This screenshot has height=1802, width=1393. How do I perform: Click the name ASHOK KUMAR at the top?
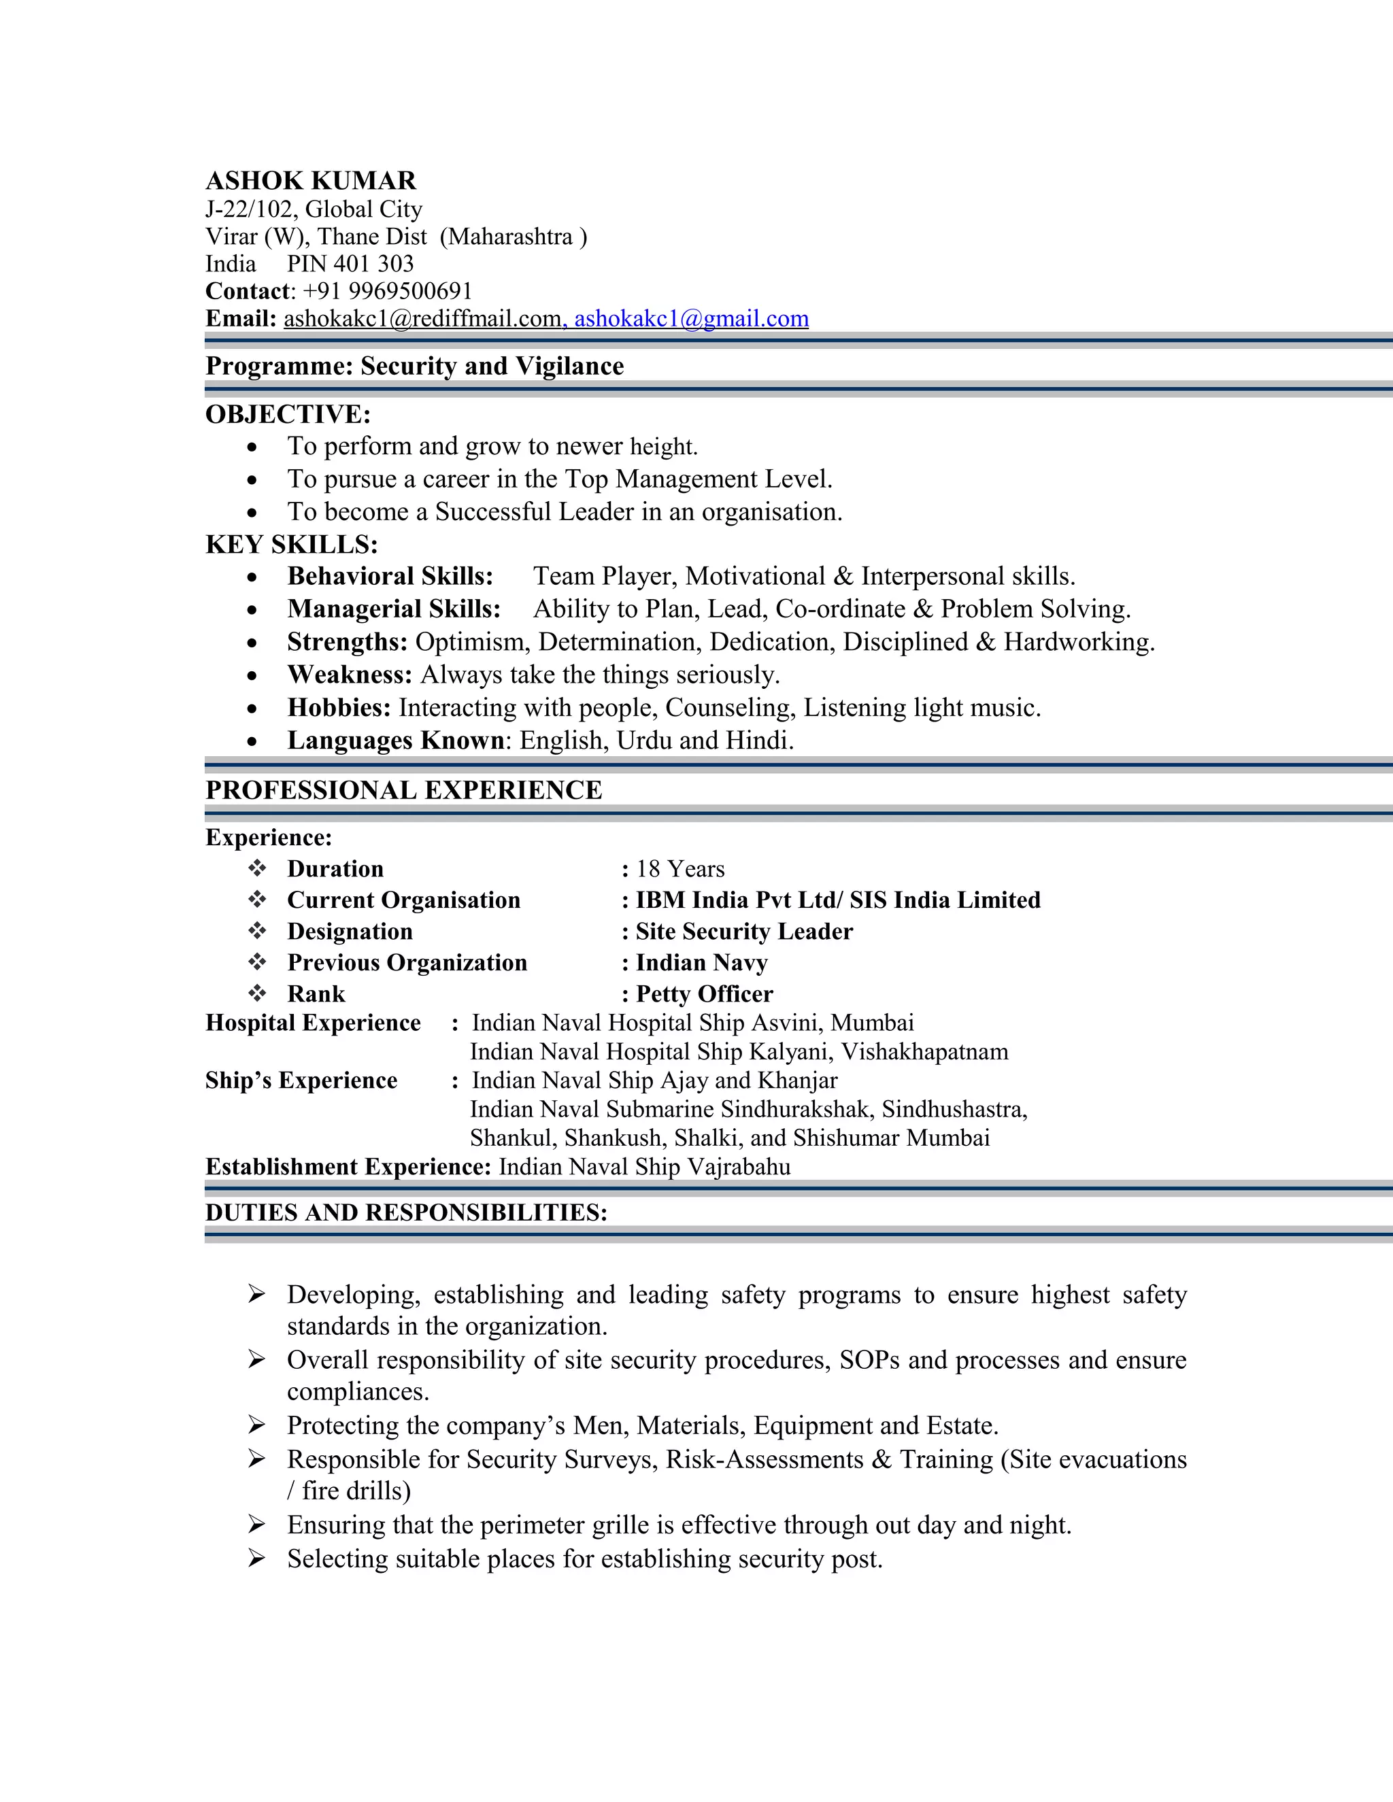pos(310,181)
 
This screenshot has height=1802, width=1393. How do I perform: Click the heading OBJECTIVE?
pos(288,414)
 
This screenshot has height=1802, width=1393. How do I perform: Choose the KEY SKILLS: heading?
pos(291,545)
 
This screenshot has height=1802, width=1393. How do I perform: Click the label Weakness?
pos(349,675)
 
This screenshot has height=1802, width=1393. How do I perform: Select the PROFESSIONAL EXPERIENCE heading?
pos(403,790)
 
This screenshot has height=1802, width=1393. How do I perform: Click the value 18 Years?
pos(680,869)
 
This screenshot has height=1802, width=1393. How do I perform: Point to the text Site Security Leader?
pos(743,932)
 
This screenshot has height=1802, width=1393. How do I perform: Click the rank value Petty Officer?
pos(704,994)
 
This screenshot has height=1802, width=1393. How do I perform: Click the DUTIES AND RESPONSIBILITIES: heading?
pos(406,1213)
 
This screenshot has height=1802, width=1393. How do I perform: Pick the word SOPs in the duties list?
pos(869,1360)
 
